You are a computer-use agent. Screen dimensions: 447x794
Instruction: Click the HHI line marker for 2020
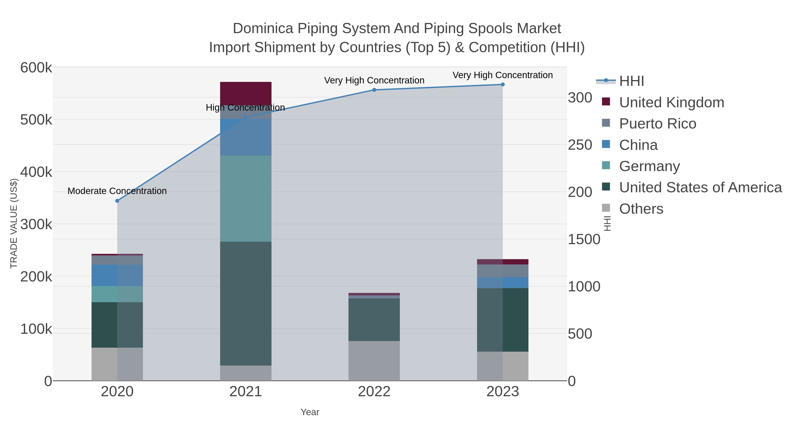click(x=117, y=201)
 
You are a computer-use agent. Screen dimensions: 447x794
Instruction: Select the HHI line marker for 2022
click(x=374, y=90)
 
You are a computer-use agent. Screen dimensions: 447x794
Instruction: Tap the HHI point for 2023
click(x=502, y=85)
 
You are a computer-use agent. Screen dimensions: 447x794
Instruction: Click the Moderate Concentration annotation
click(x=117, y=191)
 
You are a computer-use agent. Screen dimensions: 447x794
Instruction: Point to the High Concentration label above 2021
click(x=245, y=108)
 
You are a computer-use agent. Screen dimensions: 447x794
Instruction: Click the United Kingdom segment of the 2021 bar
click(x=246, y=93)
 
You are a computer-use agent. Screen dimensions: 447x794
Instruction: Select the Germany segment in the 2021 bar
click(x=246, y=198)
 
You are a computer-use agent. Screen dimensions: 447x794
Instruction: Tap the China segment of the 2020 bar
click(x=117, y=275)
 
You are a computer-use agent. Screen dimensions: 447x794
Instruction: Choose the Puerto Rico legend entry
click(x=657, y=124)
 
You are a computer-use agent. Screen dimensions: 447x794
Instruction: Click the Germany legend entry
click(x=649, y=166)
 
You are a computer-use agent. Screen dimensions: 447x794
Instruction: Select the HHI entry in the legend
click(x=631, y=81)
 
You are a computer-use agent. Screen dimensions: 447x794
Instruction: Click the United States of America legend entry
click(x=700, y=188)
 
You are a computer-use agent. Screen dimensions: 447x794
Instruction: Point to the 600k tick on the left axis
click(x=36, y=68)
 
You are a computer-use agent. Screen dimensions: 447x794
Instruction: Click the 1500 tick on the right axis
click(x=584, y=240)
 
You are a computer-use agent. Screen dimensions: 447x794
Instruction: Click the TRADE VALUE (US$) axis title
click(x=14, y=223)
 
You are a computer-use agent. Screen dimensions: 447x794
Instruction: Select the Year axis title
click(x=310, y=412)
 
